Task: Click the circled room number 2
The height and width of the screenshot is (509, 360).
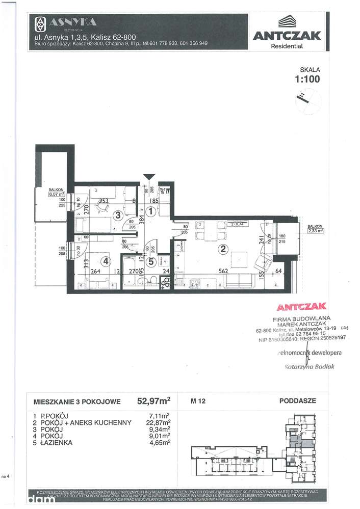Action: [x=222, y=249]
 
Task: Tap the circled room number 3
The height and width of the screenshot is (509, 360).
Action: [x=118, y=215]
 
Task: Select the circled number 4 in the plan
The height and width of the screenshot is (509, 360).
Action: [x=106, y=261]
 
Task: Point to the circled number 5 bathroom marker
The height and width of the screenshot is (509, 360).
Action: [x=151, y=262]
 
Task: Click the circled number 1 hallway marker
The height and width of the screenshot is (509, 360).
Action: [x=150, y=210]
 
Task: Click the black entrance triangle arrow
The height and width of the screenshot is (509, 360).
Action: [x=148, y=177]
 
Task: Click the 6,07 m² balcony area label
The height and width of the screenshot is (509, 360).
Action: [x=56, y=194]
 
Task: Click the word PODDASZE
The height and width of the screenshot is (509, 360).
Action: [x=297, y=400]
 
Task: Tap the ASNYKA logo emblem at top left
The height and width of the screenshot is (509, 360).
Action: [x=40, y=23]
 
